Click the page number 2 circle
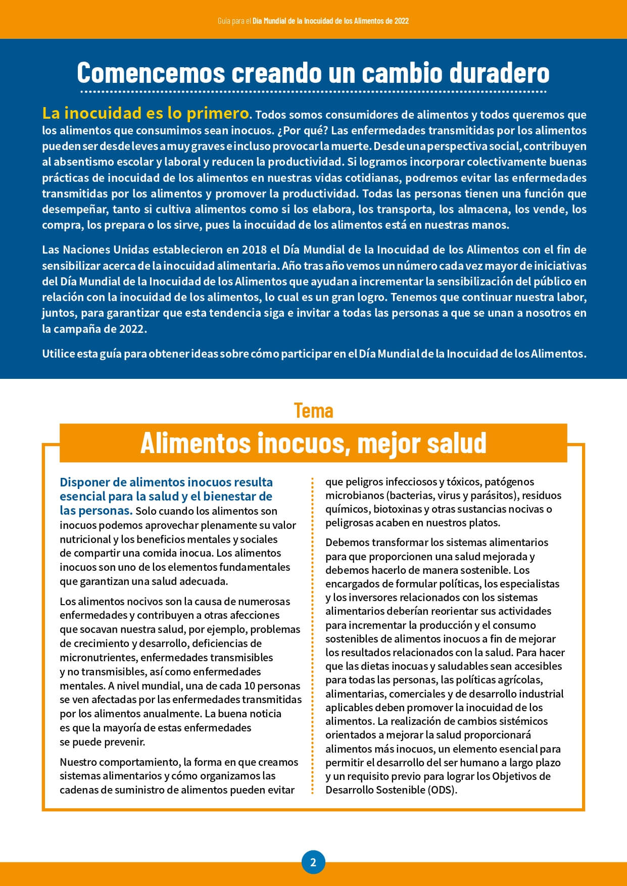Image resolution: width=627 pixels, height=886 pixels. coord(313,862)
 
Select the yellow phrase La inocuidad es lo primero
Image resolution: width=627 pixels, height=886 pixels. coord(146,113)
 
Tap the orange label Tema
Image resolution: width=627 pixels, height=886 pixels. coord(313,411)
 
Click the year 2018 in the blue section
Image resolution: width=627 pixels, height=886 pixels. coord(254,250)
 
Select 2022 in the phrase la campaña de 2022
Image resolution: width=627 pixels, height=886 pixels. coord(132,329)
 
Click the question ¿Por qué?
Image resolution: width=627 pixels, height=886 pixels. coord(302,130)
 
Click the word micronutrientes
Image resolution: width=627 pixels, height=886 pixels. coord(98,658)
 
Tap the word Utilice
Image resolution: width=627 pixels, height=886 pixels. coord(58,354)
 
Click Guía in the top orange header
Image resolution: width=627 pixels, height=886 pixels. coord(224,21)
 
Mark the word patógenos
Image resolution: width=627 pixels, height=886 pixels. coord(509,482)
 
